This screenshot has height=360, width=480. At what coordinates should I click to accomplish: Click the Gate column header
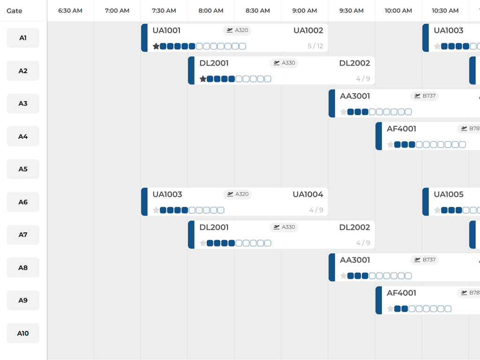15,11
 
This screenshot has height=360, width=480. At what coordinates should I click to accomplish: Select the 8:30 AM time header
258,11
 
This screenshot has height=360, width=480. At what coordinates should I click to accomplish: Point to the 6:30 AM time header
70,11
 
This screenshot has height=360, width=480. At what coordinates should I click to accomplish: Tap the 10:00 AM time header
398,11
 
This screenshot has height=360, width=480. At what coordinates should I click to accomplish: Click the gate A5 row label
23,169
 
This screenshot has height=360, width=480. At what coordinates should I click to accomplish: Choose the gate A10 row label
23,333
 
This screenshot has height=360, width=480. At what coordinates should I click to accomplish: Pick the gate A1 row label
23,38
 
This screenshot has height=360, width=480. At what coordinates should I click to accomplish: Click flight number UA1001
166,30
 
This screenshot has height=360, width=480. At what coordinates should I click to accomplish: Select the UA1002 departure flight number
308,30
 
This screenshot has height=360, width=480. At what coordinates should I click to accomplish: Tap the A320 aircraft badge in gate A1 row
237,30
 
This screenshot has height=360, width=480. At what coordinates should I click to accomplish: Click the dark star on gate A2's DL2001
203,79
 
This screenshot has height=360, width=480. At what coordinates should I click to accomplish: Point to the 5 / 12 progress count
315,46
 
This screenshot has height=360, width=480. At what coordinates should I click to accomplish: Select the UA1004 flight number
307,195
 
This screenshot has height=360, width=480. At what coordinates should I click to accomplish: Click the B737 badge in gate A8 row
424,260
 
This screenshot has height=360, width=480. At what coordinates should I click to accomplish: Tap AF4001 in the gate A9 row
401,293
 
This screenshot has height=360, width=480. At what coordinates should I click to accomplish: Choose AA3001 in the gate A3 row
355,96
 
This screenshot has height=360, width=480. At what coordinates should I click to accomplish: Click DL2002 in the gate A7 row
354,227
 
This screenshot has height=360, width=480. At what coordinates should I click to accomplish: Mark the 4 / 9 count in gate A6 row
316,210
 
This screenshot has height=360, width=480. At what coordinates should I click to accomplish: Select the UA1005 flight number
449,195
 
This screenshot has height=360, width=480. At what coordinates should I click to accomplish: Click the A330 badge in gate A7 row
284,227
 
